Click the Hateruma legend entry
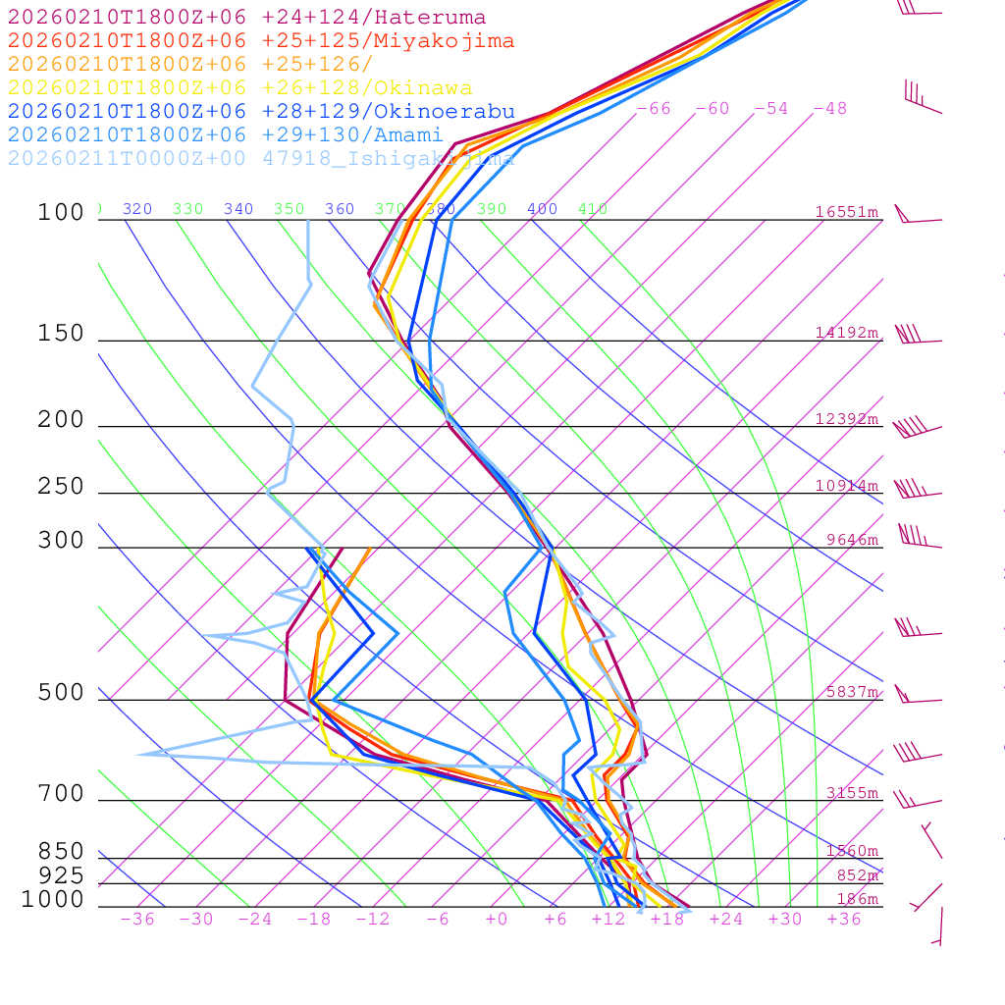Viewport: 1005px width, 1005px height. coord(246,18)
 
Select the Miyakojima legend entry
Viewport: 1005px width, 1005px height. coord(260,41)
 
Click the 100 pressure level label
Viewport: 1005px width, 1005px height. coord(61,213)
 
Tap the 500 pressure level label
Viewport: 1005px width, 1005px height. coord(61,693)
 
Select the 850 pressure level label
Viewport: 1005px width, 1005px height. coord(61,852)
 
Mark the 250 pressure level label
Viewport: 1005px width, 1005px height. coord(61,487)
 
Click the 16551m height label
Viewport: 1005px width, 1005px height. coord(846,212)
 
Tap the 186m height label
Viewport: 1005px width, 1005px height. coord(857,900)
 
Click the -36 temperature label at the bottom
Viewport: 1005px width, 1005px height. coord(136,919)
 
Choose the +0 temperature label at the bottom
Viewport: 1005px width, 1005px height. coord(497,919)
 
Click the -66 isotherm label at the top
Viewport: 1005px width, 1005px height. coord(654,109)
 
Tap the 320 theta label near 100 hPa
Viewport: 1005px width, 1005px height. coord(137,209)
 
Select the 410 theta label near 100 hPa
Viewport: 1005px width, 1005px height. coord(593,209)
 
